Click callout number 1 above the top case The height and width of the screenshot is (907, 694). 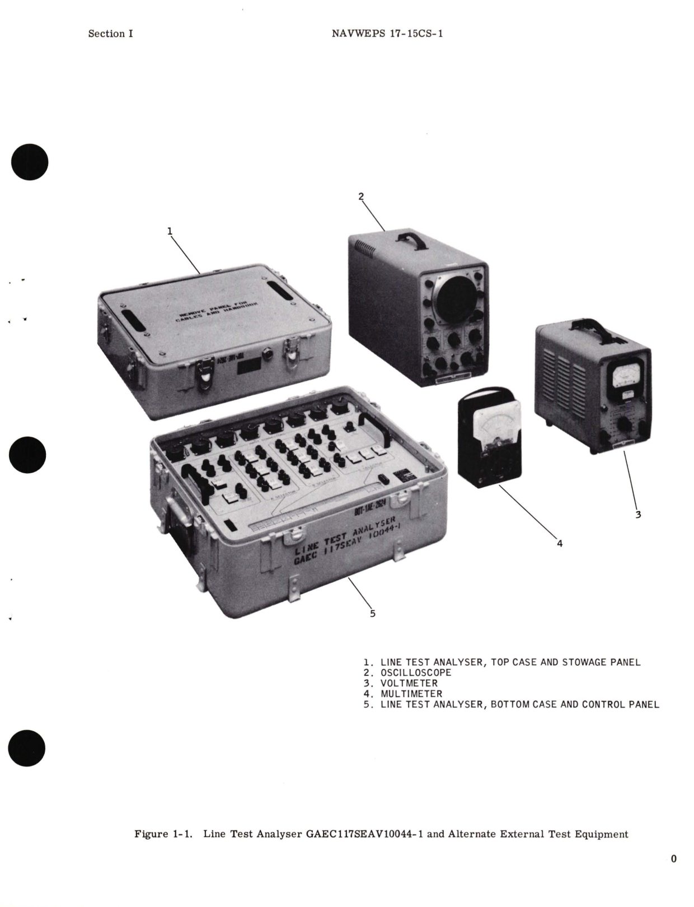click(170, 230)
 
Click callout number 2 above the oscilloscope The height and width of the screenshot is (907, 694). click(361, 196)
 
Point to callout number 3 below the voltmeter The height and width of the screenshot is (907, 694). click(638, 514)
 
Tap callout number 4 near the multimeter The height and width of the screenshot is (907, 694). click(559, 543)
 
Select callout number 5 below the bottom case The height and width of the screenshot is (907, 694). click(373, 613)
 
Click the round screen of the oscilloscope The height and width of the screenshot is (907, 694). click(456, 295)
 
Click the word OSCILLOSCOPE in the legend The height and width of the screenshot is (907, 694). click(416, 672)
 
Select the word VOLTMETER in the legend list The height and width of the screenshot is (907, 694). click(409, 683)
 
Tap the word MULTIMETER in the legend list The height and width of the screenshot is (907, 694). click(411, 694)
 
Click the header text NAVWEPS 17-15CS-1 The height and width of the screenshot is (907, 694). click(387, 34)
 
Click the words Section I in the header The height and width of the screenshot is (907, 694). click(110, 34)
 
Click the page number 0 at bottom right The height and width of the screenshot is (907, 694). click(673, 859)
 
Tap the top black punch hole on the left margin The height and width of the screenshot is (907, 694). click(30, 162)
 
